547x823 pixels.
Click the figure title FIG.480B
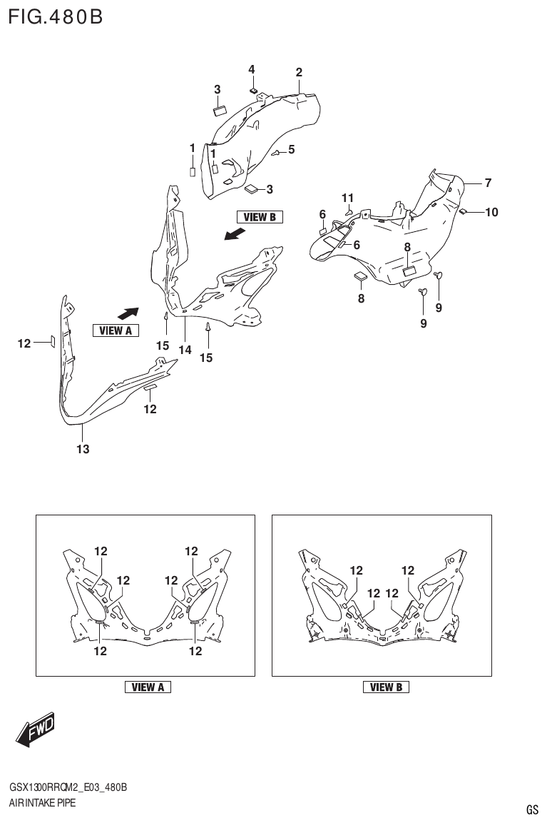pyautogui.click(x=55, y=16)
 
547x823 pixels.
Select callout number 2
pyautogui.click(x=299, y=72)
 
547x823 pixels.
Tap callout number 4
pyautogui.click(x=251, y=69)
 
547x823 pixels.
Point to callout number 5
pyautogui.click(x=291, y=150)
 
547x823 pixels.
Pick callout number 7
pyautogui.click(x=488, y=183)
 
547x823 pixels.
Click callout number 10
pyautogui.click(x=491, y=212)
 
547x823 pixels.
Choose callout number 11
pyautogui.click(x=347, y=198)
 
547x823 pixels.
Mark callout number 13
pyautogui.click(x=83, y=449)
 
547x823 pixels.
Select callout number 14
pyautogui.click(x=185, y=350)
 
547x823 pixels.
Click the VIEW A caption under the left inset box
pyautogui.click(x=148, y=687)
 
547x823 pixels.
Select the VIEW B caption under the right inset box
pyautogui.click(x=386, y=687)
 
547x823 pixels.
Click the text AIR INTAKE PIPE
pyautogui.click(x=42, y=803)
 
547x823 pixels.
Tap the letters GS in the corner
pyautogui.click(x=532, y=809)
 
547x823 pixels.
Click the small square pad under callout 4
pyautogui.click(x=253, y=91)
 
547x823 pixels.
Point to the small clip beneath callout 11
pyautogui.click(x=347, y=211)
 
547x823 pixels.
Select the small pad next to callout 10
pyautogui.click(x=462, y=211)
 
